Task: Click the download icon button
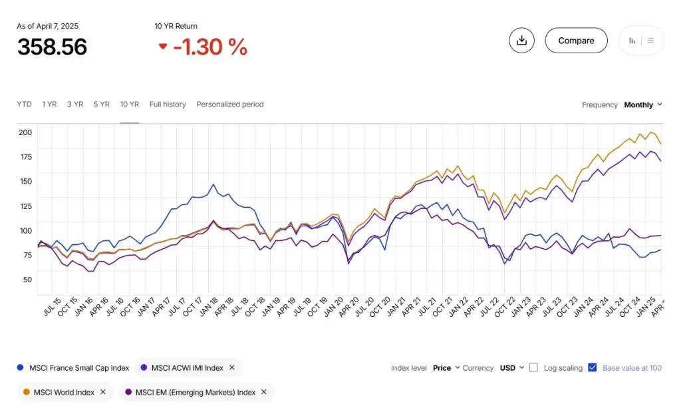[x=521, y=41]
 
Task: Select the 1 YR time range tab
[x=49, y=104]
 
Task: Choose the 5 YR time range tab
[x=101, y=104]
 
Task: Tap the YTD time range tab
[x=24, y=104]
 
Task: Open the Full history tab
[x=168, y=104]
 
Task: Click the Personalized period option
[x=230, y=104]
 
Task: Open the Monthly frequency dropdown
[x=642, y=105]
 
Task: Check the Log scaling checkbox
[x=533, y=367]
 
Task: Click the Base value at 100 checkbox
[x=593, y=367]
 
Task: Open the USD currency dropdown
[x=512, y=368]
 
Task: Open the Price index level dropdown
[x=446, y=368]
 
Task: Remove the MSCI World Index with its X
[x=103, y=392]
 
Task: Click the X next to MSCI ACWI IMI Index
[x=232, y=367]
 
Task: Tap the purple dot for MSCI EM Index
[x=128, y=392]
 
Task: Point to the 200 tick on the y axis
[x=25, y=132]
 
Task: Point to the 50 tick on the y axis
[x=27, y=279]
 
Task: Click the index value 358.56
[x=52, y=47]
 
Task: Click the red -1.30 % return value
[x=209, y=47]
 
